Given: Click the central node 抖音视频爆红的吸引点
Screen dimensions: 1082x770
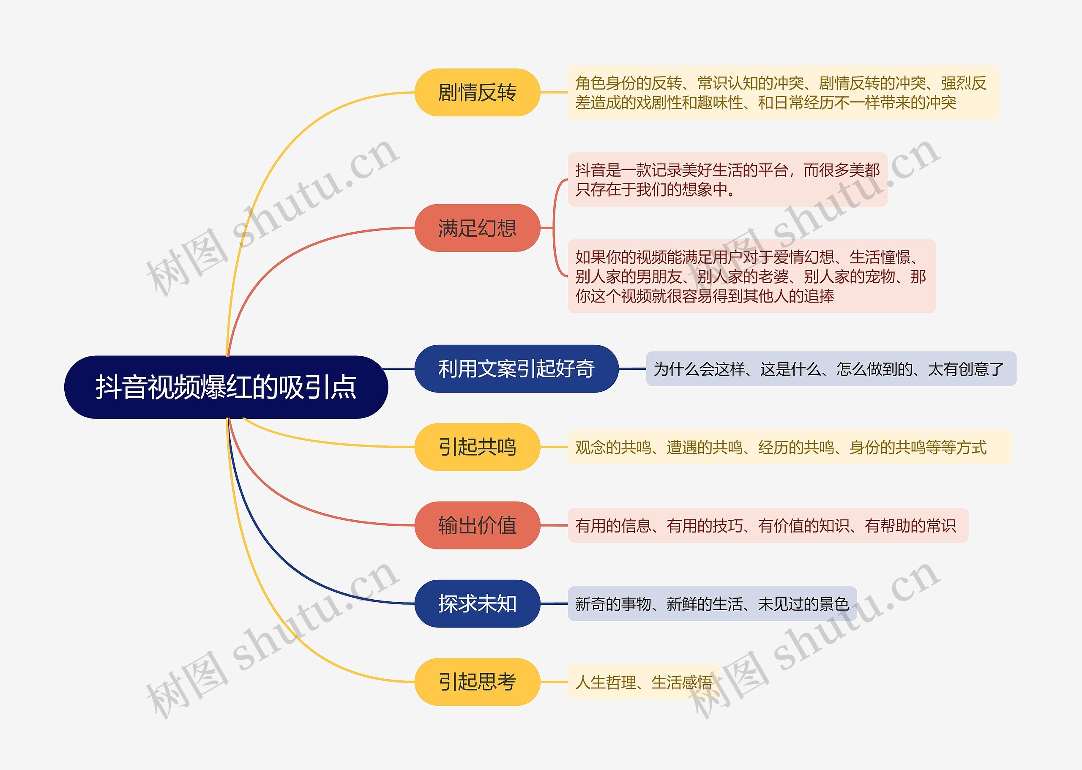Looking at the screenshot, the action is tap(226, 387).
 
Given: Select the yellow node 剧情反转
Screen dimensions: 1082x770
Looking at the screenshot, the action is tap(477, 93).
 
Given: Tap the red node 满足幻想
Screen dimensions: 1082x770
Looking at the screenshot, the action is tap(477, 228).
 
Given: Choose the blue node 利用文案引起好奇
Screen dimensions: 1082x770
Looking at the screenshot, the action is tap(516, 369).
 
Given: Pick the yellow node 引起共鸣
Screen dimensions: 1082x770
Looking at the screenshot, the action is tap(477, 447).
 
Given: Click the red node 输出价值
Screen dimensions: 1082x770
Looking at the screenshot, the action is tap(477, 525).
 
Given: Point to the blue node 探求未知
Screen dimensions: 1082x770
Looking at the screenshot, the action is tap(477, 603).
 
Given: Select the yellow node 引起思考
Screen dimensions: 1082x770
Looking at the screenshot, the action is tap(477, 682).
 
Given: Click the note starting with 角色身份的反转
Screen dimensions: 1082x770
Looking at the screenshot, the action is tap(782, 93).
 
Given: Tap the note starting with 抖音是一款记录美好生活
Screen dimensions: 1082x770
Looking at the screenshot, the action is tap(727, 179).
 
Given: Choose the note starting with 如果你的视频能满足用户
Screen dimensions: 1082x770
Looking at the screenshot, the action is tap(751, 276).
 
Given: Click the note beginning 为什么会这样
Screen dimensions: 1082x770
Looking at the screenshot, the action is tap(830, 369).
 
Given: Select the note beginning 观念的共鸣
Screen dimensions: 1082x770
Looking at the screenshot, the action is tap(789, 447).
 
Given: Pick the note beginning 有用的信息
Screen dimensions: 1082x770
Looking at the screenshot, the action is tap(767, 525).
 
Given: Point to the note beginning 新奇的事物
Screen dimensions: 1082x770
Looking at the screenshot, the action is tap(711, 603).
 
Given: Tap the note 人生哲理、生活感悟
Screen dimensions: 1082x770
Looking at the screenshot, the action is tap(643, 682).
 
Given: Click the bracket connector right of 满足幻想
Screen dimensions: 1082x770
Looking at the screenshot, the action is tap(555, 228).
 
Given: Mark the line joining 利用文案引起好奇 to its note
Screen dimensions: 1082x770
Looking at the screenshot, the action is tap(632, 369).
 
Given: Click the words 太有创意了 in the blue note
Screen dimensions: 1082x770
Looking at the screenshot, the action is tap(965, 369).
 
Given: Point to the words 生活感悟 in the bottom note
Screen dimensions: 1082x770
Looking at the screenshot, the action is tap(682, 682).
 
